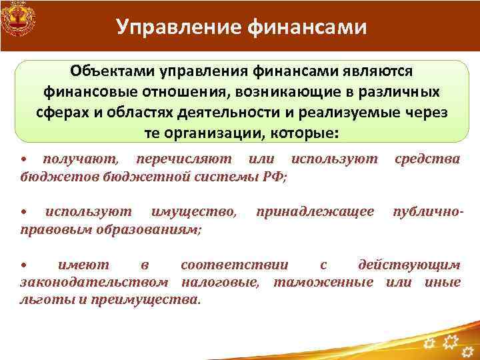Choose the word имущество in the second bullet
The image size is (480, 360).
[x=193, y=212]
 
